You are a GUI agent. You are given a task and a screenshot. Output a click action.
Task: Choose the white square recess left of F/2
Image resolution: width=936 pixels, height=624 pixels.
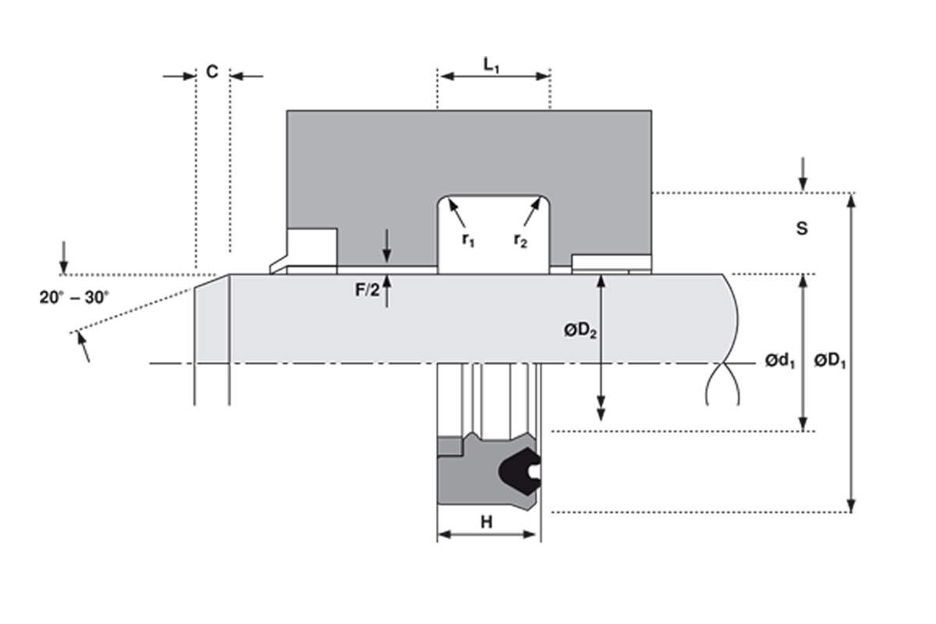[312, 246]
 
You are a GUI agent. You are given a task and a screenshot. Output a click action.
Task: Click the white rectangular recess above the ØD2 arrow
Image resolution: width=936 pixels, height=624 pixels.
[610, 261]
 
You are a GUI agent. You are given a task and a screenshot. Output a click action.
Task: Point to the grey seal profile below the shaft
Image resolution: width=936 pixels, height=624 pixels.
[468, 484]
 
